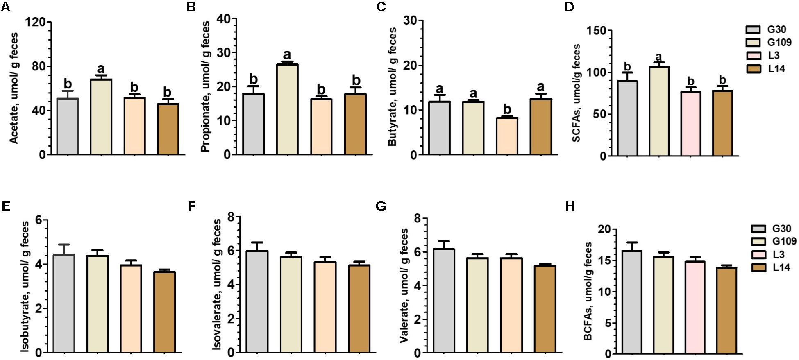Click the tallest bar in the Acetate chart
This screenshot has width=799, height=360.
[101, 117]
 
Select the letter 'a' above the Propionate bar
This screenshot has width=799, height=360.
[287, 55]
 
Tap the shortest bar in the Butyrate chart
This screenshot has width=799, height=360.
[507, 136]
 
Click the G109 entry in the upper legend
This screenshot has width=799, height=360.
[779, 42]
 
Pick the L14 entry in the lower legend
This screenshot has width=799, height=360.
[781, 268]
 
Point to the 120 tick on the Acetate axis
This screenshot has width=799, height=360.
[35, 22]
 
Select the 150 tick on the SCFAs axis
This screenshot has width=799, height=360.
[597, 31]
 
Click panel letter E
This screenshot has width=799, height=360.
[6, 206]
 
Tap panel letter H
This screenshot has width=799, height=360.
[570, 206]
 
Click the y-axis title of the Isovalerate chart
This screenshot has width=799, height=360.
[218, 284]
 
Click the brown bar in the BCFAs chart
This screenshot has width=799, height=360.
[726, 310]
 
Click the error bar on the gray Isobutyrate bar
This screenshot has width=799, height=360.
[64, 249]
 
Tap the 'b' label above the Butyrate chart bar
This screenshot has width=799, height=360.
[507, 109]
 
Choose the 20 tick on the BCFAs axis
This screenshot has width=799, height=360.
[604, 230]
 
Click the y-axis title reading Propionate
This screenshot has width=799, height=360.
[205, 87]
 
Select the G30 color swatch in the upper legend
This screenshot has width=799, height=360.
[753, 30]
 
